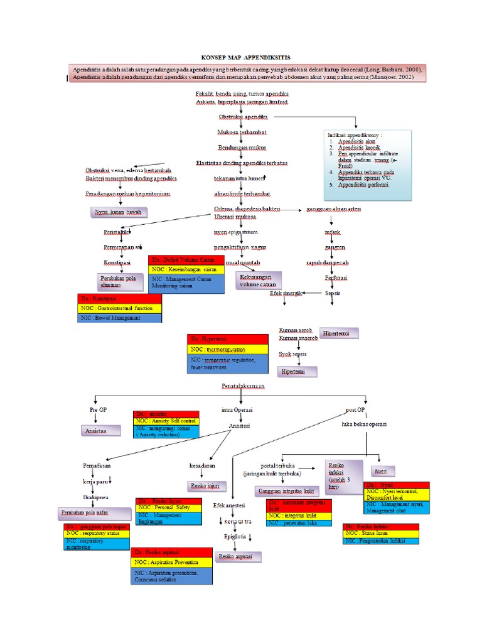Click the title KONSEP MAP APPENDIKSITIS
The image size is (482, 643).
click(241, 57)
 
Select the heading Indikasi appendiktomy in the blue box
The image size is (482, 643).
click(355, 135)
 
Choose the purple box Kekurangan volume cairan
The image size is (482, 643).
click(258, 280)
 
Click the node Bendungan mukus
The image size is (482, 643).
click(241, 148)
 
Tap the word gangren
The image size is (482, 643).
click(335, 247)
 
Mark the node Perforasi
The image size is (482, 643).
click(336, 277)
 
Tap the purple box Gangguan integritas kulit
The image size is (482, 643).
click(285, 491)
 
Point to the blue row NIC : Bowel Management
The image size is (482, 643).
click(119, 318)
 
